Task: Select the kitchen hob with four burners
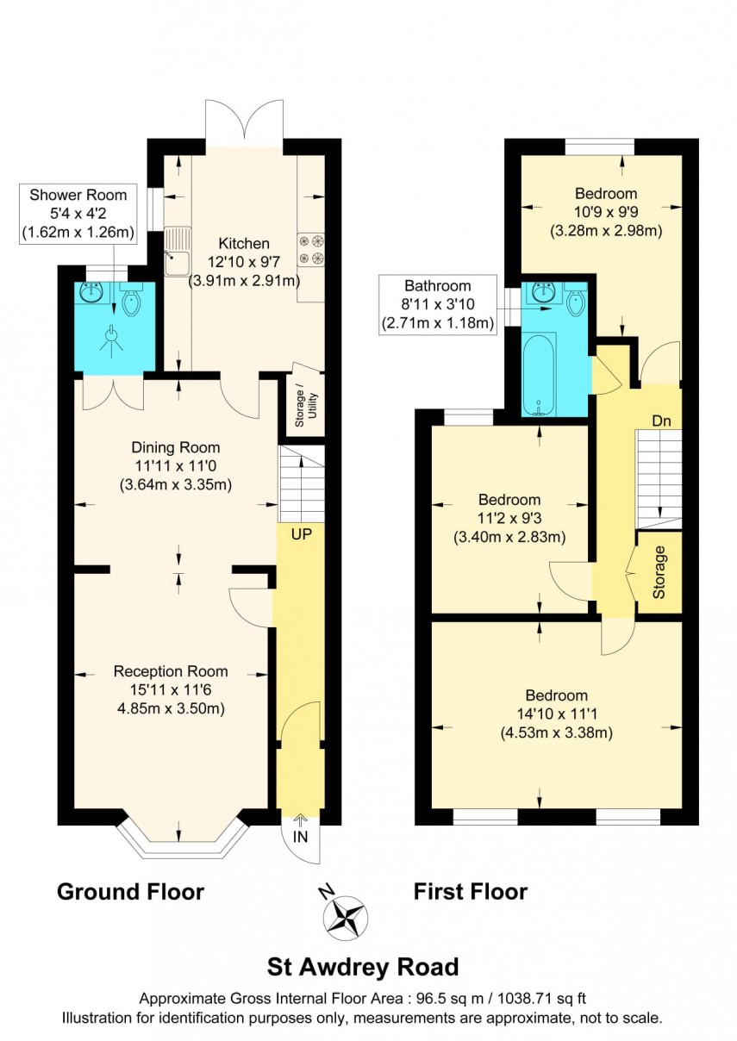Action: coord(310,249)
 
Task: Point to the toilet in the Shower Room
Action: coord(133,301)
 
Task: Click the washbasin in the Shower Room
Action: coord(91,293)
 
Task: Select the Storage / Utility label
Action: coord(300,405)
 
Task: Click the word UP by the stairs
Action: coord(301,534)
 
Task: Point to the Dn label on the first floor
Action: coord(661,421)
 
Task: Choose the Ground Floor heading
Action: coord(130,891)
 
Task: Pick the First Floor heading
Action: coord(470,891)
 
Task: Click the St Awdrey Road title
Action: coord(361,966)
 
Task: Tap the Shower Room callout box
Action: coord(78,213)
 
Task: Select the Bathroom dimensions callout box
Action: coord(437,305)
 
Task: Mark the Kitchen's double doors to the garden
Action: coord(244,121)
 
